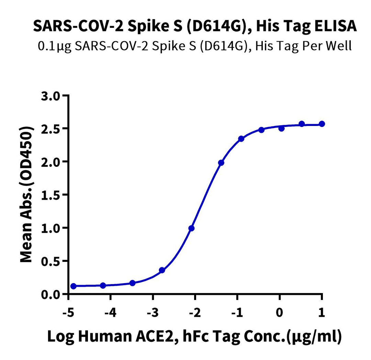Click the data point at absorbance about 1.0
191,228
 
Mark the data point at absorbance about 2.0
221,163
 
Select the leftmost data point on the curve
73,286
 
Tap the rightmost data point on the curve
322,124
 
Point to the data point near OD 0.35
162,270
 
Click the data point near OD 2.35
241,139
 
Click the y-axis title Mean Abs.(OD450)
28,195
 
